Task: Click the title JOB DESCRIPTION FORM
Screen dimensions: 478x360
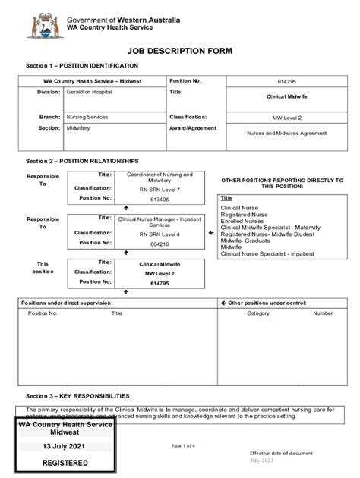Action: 180,51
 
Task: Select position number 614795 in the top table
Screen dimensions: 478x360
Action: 286,80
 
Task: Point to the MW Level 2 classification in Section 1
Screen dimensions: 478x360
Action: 286,118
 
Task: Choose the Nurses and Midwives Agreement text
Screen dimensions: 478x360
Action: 286,133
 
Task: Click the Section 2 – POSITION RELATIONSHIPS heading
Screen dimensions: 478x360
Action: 83,161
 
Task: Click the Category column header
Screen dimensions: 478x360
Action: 257,313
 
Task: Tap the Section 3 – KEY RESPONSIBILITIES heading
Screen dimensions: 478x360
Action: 78,395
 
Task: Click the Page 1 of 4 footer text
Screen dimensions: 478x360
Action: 183,445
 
